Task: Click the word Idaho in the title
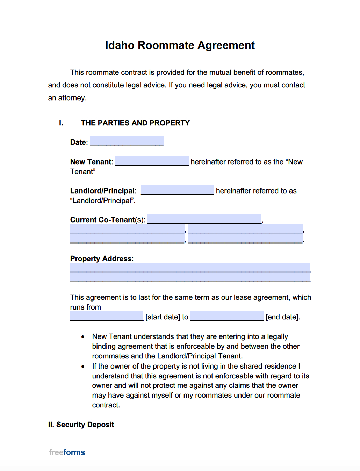point(120,45)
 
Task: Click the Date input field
point(127,142)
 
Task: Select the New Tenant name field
point(152,161)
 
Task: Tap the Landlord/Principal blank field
point(177,190)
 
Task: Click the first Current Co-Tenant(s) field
point(204,219)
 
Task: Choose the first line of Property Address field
point(190,268)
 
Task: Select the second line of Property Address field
point(190,277)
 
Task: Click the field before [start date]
point(107,316)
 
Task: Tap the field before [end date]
point(227,316)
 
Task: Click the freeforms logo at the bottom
point(67,452)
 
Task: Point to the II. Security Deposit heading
point(81,425)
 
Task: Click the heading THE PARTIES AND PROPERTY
point(135,123)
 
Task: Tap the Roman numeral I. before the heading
point(61,123)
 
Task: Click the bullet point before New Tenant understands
point(83,337)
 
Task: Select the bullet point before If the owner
point(83,367)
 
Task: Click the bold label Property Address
point(101,259)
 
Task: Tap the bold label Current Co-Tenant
point(102,220)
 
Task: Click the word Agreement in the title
point(226,45)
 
